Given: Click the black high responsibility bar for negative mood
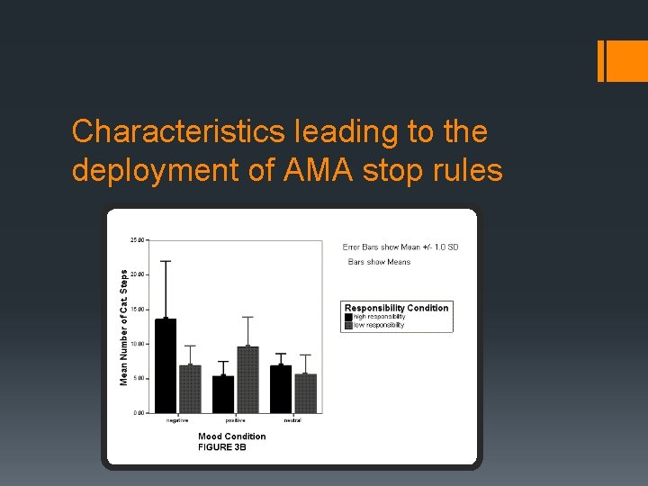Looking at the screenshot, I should [x=166, y=365].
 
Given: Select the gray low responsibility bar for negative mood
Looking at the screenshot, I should [x=190, y=389].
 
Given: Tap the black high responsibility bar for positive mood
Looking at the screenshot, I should [x=223, y=394].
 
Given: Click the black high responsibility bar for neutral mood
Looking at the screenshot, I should [x=281, y=389].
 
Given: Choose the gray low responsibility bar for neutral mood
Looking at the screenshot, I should [x=305, y=393].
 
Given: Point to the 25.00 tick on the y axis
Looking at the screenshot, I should [x=138, y=240].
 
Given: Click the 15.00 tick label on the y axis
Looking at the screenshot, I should [x=138, y=310].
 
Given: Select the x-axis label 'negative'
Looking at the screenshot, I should [x=177, y=420].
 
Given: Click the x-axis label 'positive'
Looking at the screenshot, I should [x=236, y=420].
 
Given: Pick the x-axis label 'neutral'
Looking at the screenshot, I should [x=292, y=420].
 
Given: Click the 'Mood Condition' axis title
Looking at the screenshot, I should [x=232, y=436].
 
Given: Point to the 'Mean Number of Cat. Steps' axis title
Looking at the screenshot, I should [x=125, y=322].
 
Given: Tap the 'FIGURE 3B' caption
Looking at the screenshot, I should [x=222, y=447].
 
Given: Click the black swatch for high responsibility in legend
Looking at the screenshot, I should [x=348, y=317].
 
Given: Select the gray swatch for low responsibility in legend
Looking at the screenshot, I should [x=348, y=325].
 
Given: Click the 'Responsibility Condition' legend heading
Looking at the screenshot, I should [x=396, y=308].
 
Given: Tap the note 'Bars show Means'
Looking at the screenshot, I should [x=379, y=262].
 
